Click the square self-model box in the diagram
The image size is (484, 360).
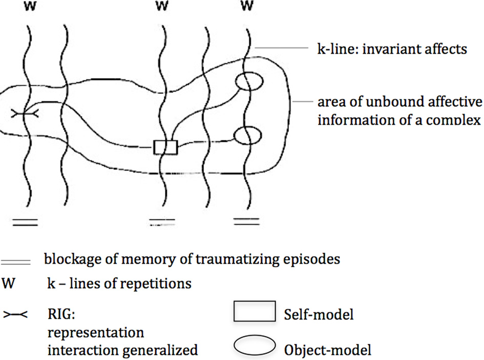pyautogui.click(x=165, y=147)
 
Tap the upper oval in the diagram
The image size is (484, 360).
pyautogui.click(x=248, y=81)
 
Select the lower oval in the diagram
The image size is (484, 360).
pyautogui.click(x=248, y=135)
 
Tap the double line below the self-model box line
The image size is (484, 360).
pyautogui.click(x=162, y=222)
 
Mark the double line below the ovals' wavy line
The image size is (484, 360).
pyautogui.click(x=245, y=222)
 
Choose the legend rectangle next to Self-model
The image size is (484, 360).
pyautogui.click(x=255, y=312)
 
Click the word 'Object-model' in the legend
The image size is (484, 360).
pyautogui.click(x=327, y=350)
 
